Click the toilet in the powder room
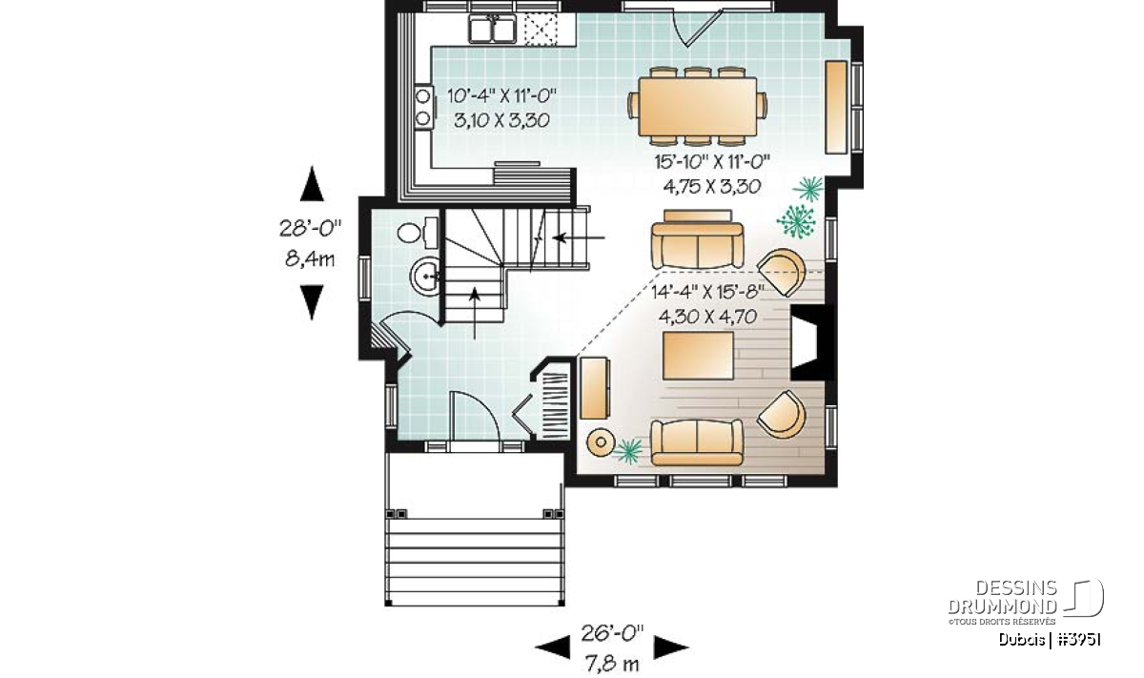pos(418,233)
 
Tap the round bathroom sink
pos(425,277)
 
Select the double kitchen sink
pos(493,30)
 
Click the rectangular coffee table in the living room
pos(698,356)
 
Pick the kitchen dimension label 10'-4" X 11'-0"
pos(501,95)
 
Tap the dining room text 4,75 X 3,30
pos(712,187)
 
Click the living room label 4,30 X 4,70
pos(707,318)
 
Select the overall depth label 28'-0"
pos(310,228)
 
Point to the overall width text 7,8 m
pos(612,665)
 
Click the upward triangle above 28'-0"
pos(312,184)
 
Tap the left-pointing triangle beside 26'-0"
pos(552,647)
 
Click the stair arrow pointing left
pos(580,237)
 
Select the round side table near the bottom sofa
pos(601,442)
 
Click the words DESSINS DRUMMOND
pos(1002,597)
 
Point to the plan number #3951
pos(1078,640)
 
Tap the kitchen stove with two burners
pos(424,107)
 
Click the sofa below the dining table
pos(697,239)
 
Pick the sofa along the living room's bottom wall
pos(697,442)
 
